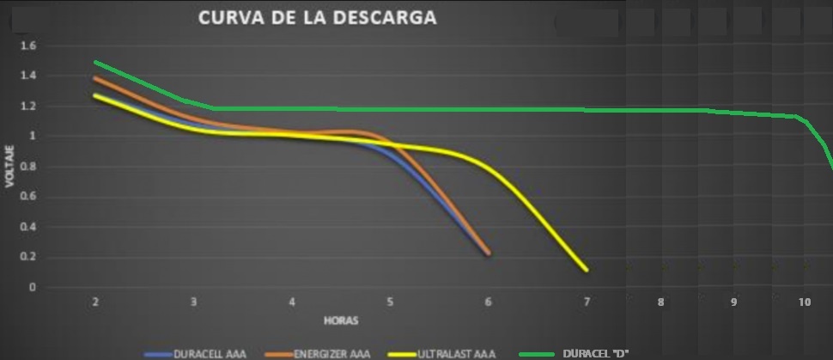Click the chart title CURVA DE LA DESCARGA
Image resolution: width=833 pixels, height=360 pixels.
(317, 17)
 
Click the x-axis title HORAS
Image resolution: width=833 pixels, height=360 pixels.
(340, 320)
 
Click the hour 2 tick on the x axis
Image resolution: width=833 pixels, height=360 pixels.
(95, 302)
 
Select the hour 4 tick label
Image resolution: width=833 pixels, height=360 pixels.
(292, 302)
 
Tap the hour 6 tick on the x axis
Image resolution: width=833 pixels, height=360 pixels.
(488, 302)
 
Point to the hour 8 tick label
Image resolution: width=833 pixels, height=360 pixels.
(660, 302)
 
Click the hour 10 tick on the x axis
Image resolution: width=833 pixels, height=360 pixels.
(805, 302)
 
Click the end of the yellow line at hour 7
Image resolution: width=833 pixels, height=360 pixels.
(587, 270)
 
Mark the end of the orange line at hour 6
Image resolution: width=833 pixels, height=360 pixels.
(489, 253)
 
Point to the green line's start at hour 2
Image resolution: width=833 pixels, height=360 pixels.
(95, 62)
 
